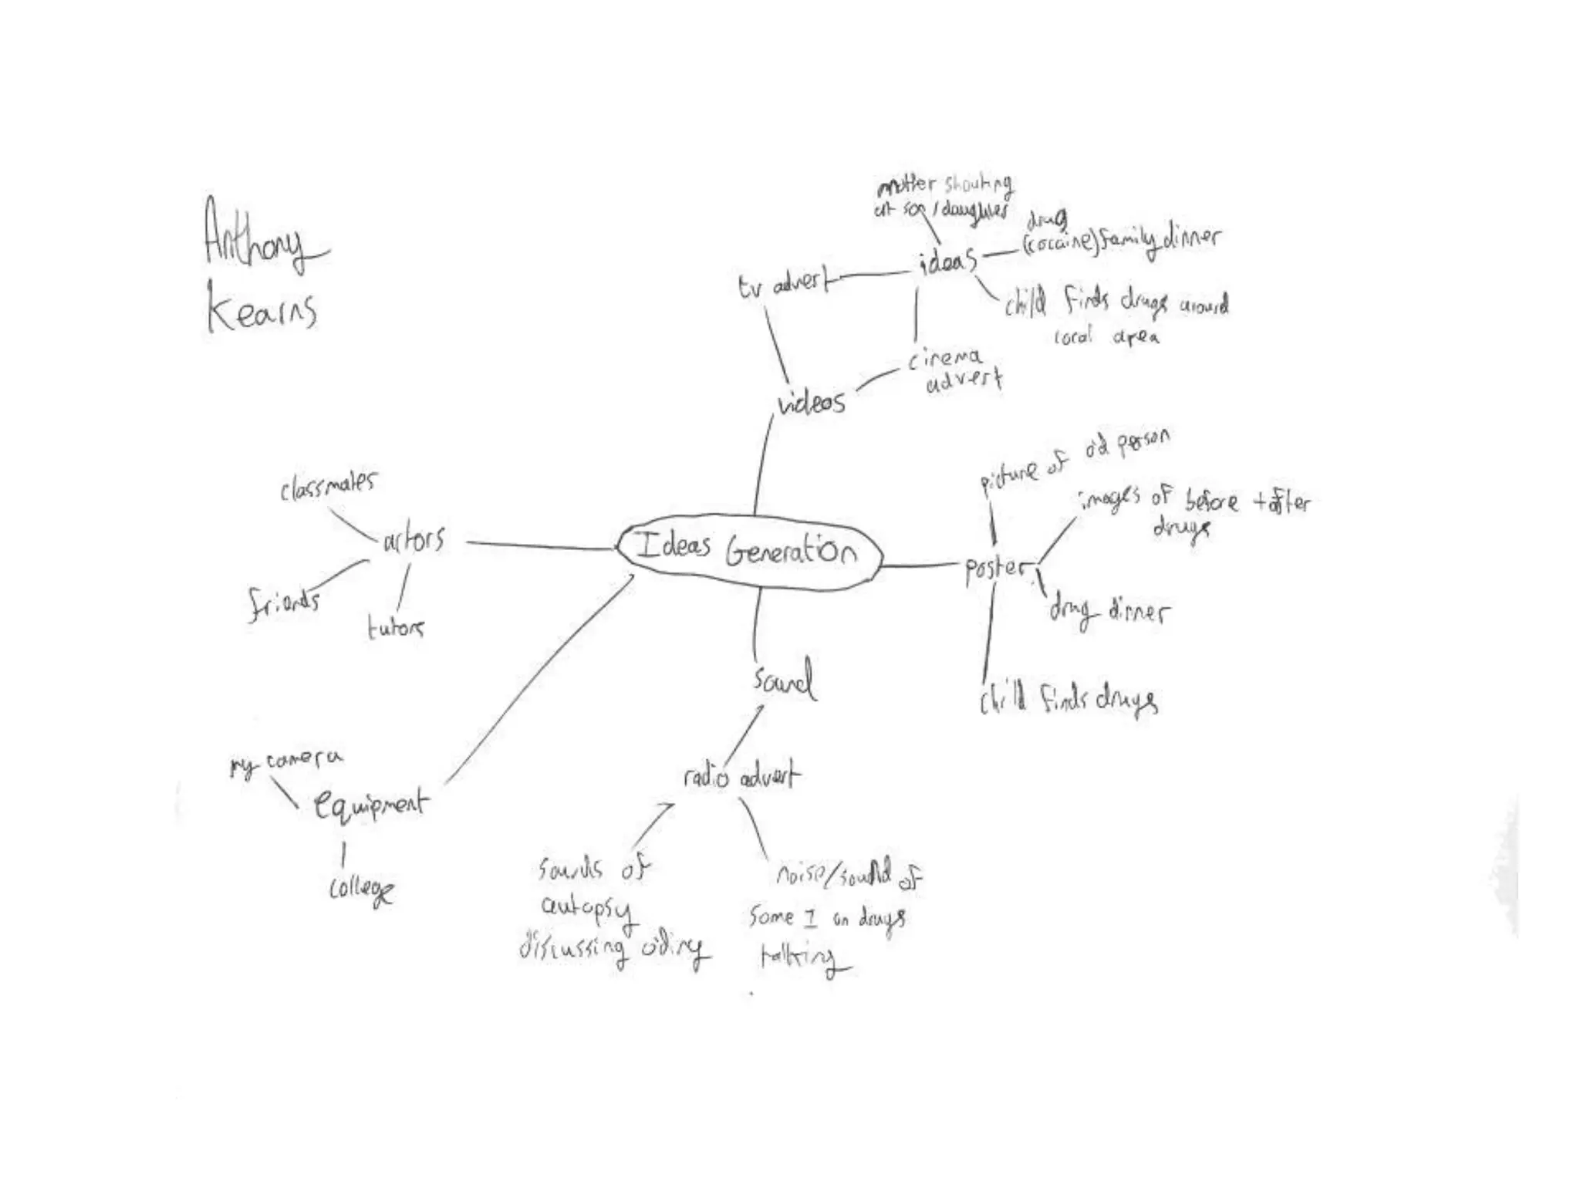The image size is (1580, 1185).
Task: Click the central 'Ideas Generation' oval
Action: click(747, 550)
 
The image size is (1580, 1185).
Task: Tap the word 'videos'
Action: click(812, 402)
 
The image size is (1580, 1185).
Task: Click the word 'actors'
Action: click(414, 539)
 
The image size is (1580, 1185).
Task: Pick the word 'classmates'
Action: click(329, 486)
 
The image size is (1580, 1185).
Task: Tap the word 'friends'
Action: click(284, 603)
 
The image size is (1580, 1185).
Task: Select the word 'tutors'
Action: click(395, 627)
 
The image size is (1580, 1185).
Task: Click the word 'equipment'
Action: click(370, 805)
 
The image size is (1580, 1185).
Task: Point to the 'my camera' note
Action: click(286, 762)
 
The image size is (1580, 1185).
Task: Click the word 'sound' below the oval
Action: click(784, 680)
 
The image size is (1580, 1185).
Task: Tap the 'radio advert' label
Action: click(741, 776)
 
